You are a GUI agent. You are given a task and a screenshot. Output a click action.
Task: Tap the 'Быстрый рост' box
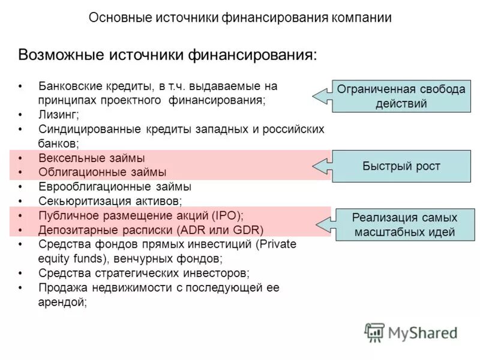[x=401, y=166]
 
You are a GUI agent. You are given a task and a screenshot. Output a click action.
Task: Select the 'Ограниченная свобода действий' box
[x=401, y=96]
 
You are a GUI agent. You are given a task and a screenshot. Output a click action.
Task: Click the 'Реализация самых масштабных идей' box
[x=404, y=224]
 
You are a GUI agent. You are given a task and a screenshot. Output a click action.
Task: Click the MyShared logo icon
[x=374, y=331]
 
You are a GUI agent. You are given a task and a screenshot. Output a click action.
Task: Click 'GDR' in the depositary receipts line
[x=247, y=230]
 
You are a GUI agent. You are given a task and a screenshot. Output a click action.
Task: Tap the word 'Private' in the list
[x=275, y=244]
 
